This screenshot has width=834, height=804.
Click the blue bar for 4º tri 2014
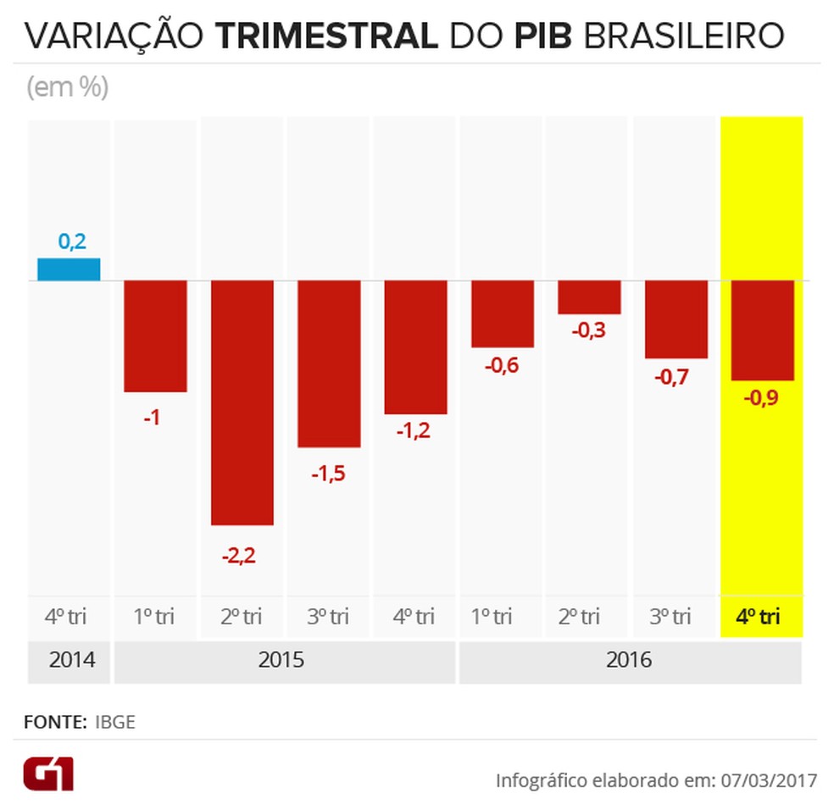(69, 269)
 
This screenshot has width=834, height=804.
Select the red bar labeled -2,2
(242, 402)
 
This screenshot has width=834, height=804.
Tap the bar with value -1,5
(329, 363)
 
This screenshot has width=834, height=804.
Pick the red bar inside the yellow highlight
(762, 330)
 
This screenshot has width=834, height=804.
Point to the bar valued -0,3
(589, 297)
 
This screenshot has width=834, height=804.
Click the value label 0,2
(72, 241)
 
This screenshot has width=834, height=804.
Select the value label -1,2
(414, 430)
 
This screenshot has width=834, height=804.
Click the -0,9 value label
(761, 396)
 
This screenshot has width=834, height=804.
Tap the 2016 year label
(629, 660)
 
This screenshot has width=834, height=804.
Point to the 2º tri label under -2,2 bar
(242, 617)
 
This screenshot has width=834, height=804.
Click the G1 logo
(48, 774)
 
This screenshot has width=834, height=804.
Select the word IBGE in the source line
(114, 723)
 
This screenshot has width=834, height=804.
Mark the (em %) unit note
(68, 87)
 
